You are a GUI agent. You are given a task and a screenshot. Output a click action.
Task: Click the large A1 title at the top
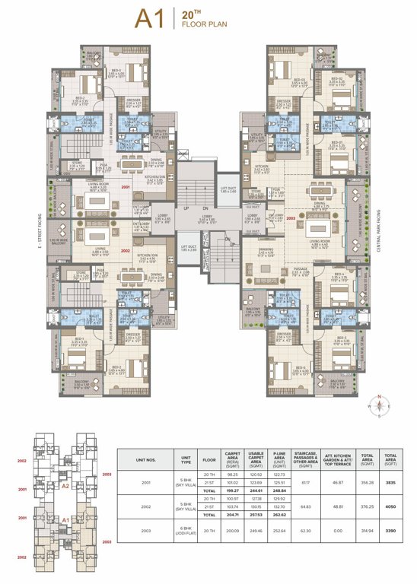pos(152,19)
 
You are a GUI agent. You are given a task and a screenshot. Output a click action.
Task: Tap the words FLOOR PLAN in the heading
pos(200,24)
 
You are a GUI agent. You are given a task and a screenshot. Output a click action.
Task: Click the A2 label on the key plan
pos(65,484)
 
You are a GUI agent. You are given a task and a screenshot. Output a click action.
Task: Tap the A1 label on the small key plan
pos(65,520)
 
